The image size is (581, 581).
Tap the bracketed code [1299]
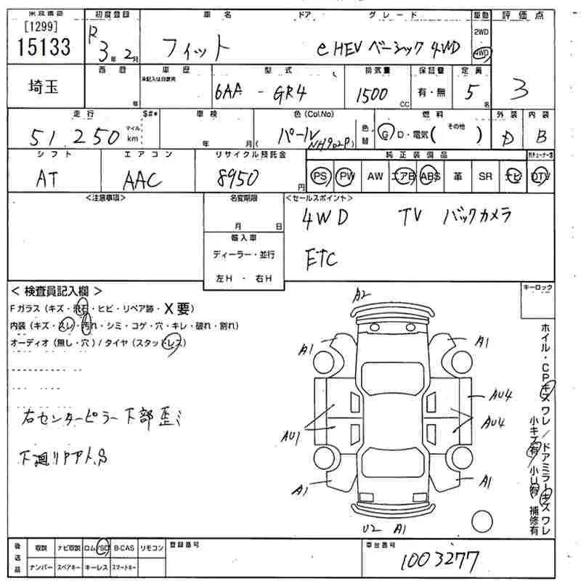41,26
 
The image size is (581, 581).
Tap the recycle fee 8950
244,177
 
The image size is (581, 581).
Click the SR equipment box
485,176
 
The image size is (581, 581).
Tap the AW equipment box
375,176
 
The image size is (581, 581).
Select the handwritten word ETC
320,257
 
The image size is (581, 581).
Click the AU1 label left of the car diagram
293,436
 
